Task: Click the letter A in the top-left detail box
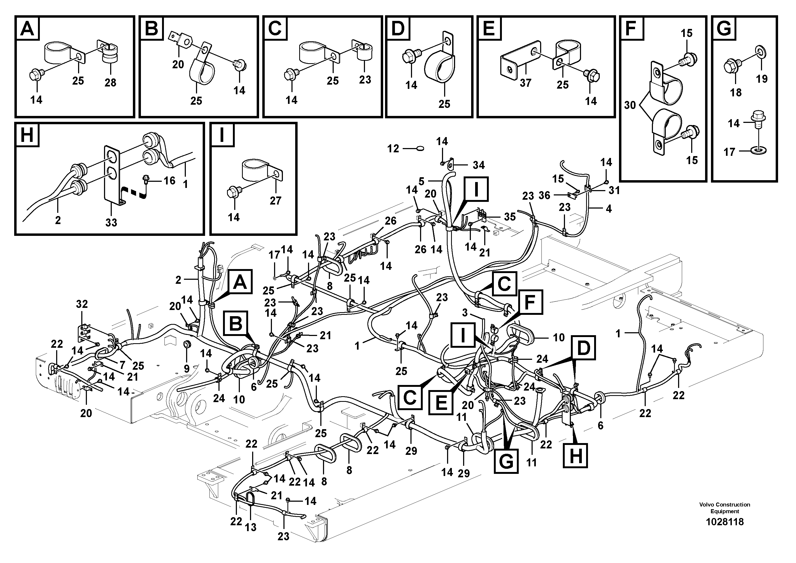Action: coord(27,28)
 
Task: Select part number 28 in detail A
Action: coord(110,83)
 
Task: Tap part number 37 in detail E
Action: coord(525,83)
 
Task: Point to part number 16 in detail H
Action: coord(170,180)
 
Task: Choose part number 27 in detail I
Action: coord(275,201)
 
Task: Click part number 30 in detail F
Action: coord(630,105)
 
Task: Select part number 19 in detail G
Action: coord(762,79)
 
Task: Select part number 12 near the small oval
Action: coord(393,149)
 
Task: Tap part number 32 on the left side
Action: coord(82,304)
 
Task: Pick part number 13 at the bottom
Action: coord(250,527)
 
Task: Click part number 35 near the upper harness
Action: coord(510,217)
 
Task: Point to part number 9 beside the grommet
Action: coord(187,369)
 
